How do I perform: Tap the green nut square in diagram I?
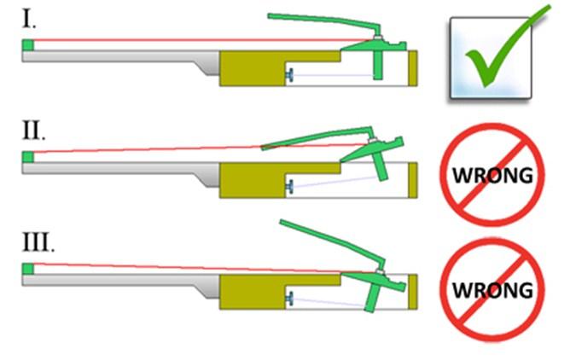[x=28, y=44]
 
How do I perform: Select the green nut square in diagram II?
[x=28, y=157]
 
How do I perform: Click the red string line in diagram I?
[x=171, y=40]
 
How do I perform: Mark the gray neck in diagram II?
[x=111, y=167]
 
